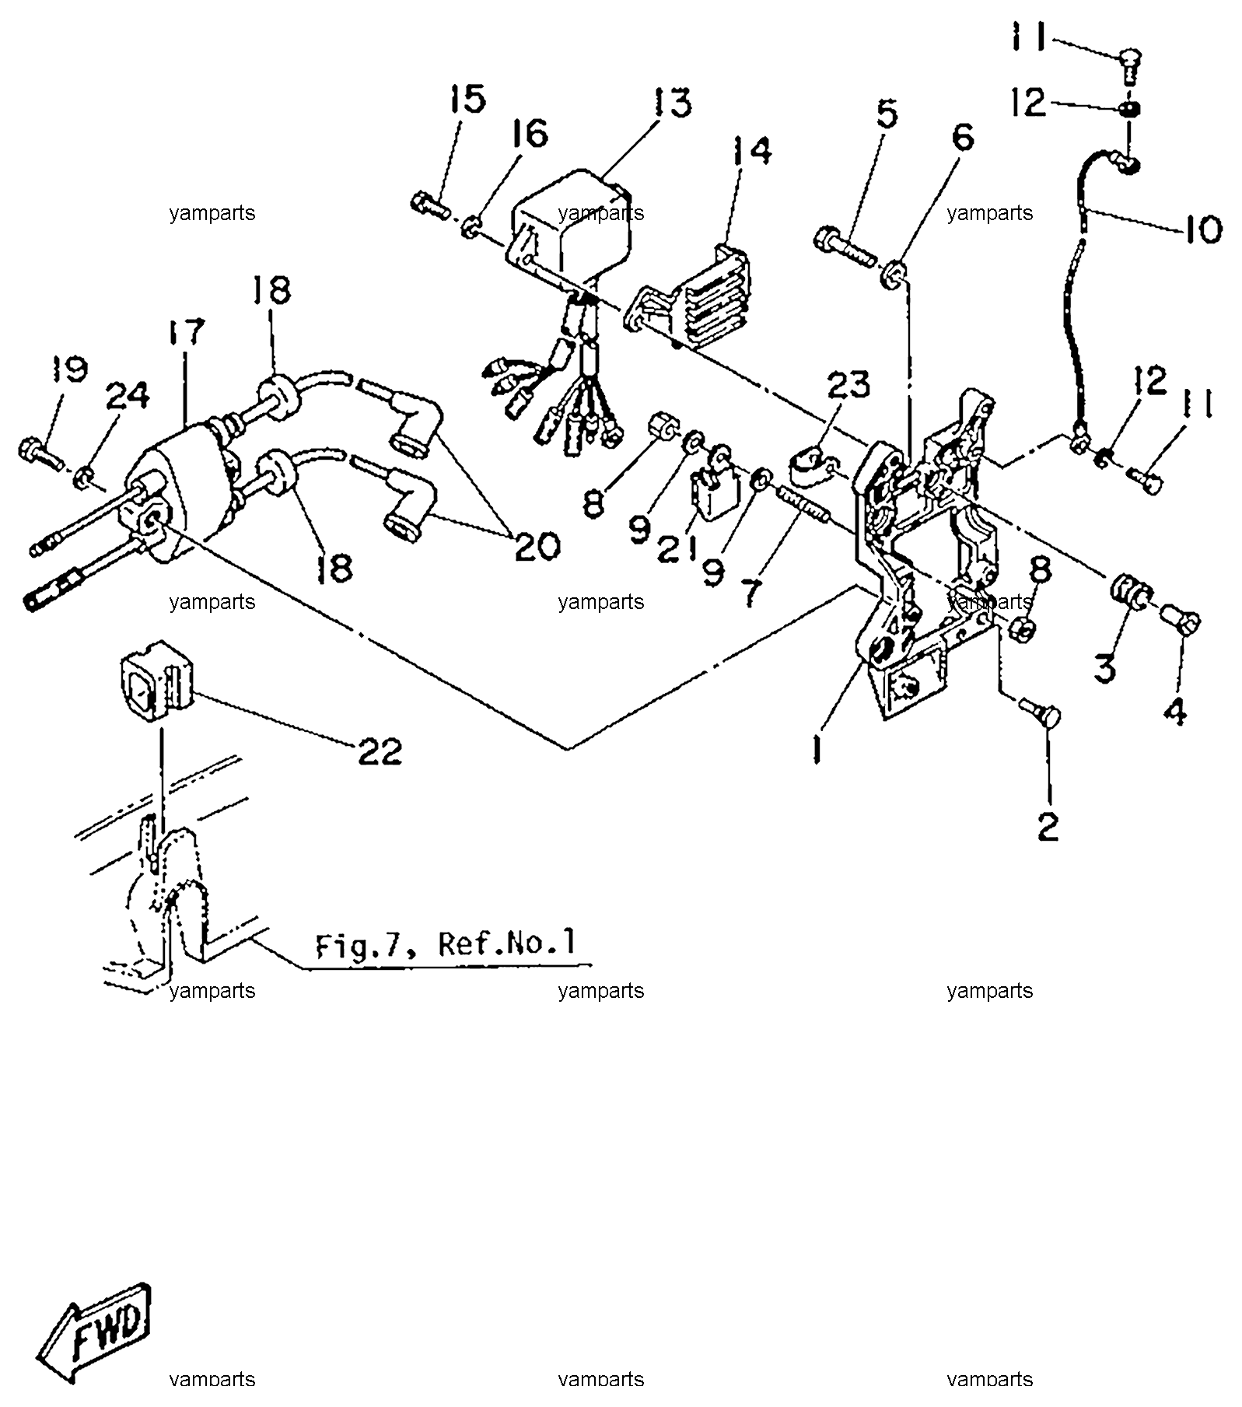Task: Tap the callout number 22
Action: [x=380, y=751]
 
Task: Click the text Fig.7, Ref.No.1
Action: [x=446, y=944]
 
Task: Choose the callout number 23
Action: [x=848, y=384]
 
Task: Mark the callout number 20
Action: [x=537, y=545]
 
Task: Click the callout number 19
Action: [x=70, y=368]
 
